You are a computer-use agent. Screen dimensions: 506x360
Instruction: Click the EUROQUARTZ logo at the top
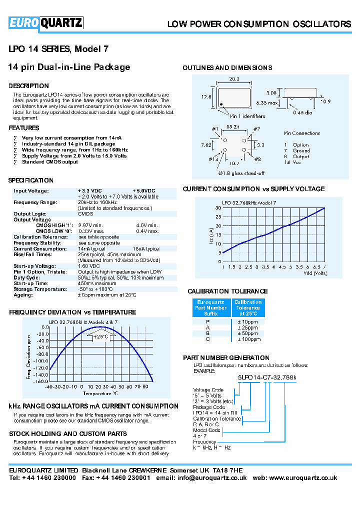tap(45, 22)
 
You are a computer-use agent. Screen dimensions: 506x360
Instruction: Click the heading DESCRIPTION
tap(28, 86)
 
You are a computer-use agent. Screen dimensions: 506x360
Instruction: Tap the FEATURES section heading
tap(24, 128)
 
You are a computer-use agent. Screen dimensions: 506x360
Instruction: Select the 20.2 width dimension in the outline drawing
tap(234, 79)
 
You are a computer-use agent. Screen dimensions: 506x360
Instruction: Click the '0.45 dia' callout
tap(302, 112)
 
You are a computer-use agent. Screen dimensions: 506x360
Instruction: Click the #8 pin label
tap(257, 159)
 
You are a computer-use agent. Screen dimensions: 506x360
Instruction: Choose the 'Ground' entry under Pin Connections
tap(301, 150)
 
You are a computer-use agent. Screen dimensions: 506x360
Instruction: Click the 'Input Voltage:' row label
tap(31, 191)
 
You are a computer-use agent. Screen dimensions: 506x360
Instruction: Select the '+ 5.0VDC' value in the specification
tap(144, 191)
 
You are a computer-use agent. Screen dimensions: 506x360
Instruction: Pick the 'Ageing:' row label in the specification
tap(23, 295)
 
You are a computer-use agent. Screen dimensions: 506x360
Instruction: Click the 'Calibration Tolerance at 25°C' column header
tap(248, 308)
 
